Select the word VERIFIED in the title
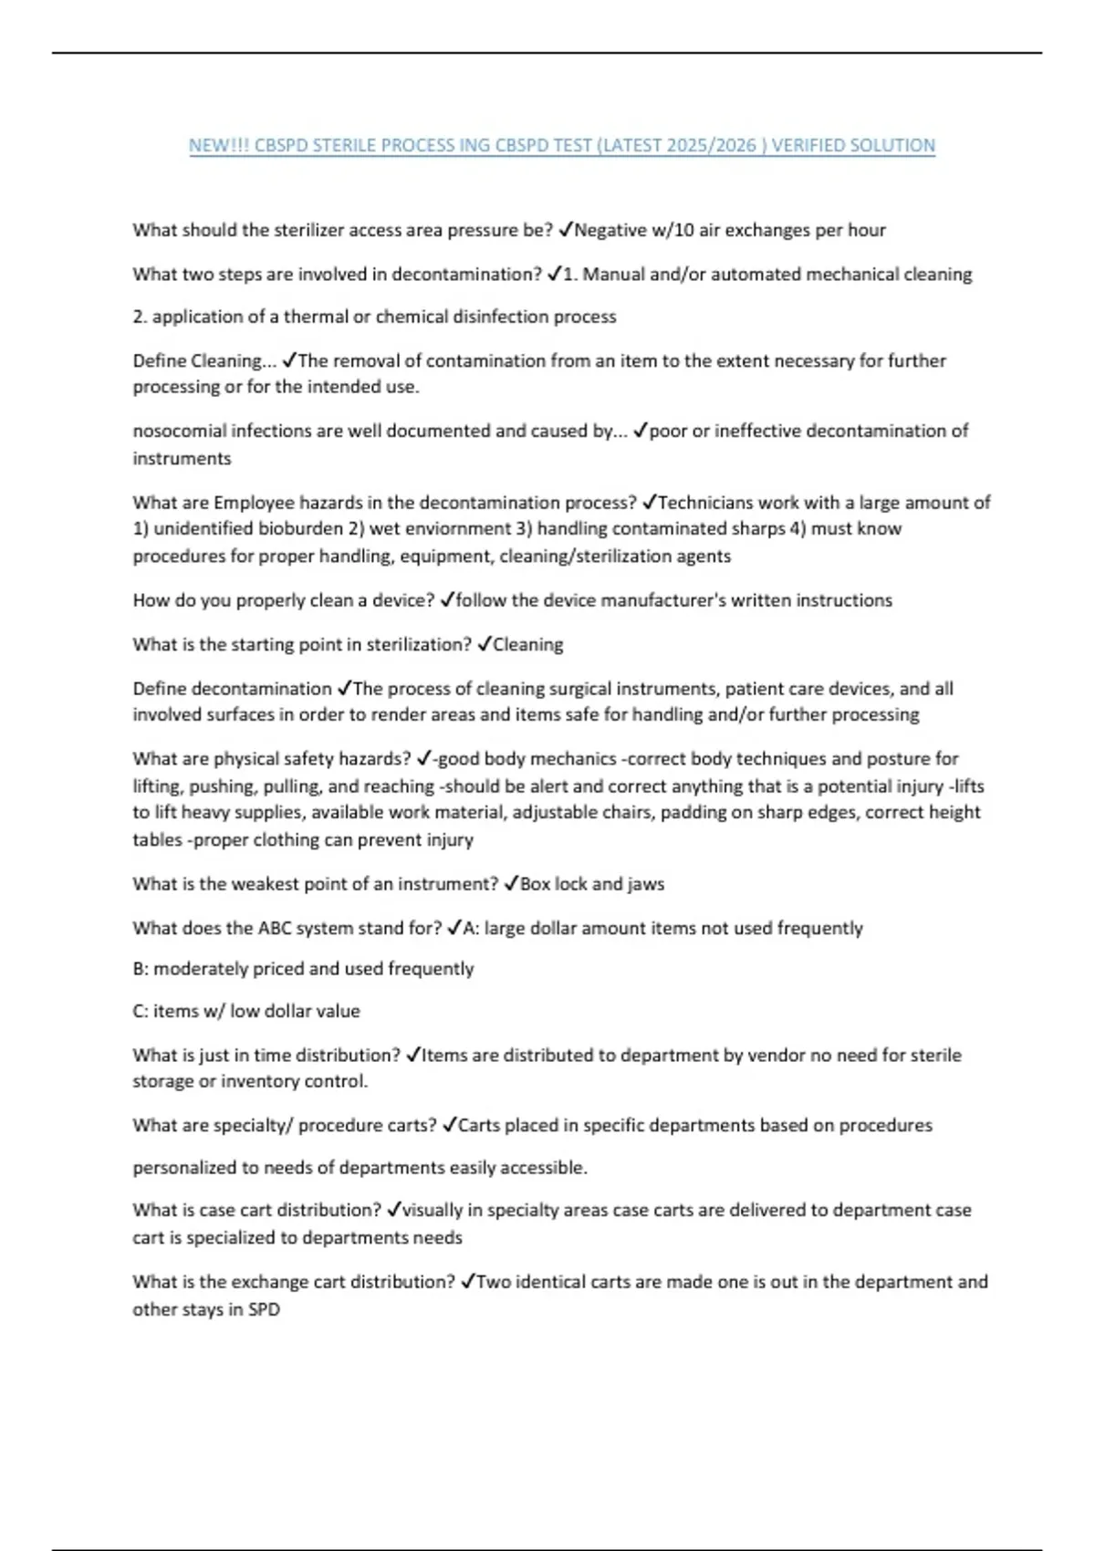[808, 145]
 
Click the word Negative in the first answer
[611, 230]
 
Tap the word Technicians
[707, 503]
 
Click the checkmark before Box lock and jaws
[511, 884]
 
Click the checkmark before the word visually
[393, 1210]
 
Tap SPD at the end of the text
[264, 1309]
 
